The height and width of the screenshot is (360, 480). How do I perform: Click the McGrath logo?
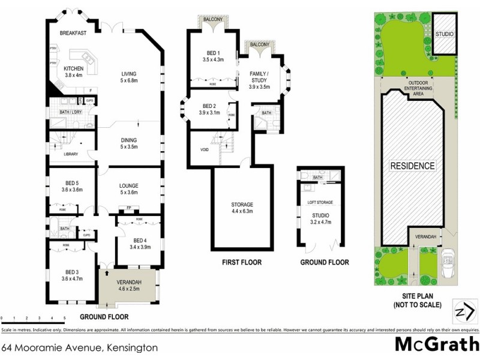pyautogui.click(x=436, y=345)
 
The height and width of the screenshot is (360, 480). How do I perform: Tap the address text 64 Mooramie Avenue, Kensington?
pyautogui.click(x=80, y=347)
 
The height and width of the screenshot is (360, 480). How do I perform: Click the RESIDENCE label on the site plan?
pyautogui.click(x=412, y=165)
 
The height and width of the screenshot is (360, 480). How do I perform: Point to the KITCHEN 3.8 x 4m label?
pyautogui.click(x=74, y=72)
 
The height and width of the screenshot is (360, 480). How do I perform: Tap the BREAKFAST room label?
pyautogui.click(x=74, y=34)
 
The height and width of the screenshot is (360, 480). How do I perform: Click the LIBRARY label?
pyautogui.click(x=71, y=155)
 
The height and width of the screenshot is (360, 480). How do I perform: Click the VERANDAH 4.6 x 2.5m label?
pyautogui.click(x=129, y=286)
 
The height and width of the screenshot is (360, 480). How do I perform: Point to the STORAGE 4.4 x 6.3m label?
pyautogui.click(x=242, y=208)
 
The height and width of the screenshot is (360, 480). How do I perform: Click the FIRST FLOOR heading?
pyautogui.click(x=241, y=262)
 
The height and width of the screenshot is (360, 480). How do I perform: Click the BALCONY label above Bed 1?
pyautogui.click(x=214, y=19)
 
